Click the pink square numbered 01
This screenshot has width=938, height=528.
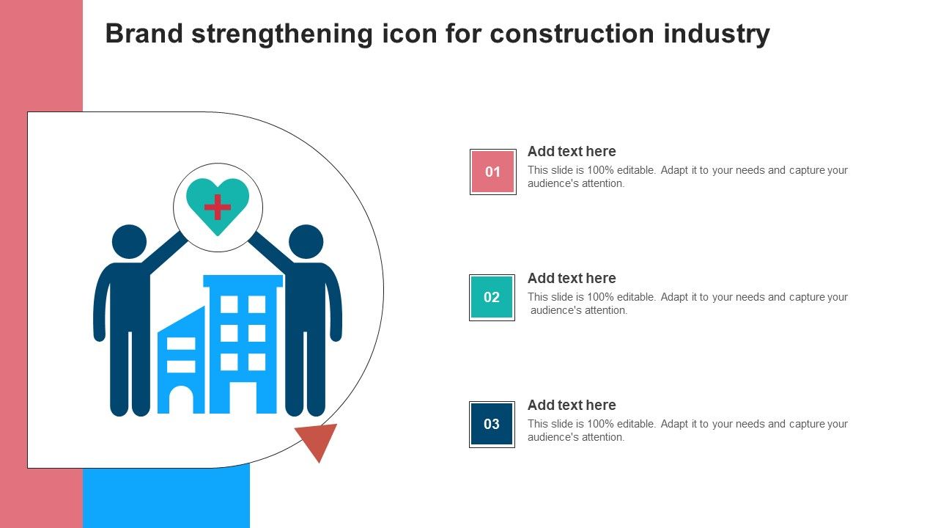pos(493,172)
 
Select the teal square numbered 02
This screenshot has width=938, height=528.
pos(492,298)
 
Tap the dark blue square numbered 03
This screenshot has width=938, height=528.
pos(492,424)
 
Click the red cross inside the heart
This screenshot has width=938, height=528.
pos(218,207)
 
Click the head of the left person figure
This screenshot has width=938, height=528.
pos(130,242)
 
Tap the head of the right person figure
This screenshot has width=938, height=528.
pos(306,242)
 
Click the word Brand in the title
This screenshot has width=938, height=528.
pos(144,34)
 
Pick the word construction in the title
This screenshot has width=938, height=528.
pos(572,34)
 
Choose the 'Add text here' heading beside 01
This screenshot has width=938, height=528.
pos(572,151)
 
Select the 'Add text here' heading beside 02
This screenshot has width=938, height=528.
pos(572,278)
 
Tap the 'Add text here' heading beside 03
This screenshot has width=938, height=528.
pos(572,406)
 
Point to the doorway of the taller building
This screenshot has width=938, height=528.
pos(243,397)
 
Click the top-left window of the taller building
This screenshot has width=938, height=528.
pos(229,304)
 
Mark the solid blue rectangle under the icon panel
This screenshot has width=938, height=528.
pos(166,497)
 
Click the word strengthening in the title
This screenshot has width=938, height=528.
pos(282,34)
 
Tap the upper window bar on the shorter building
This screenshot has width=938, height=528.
pos(181,344)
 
